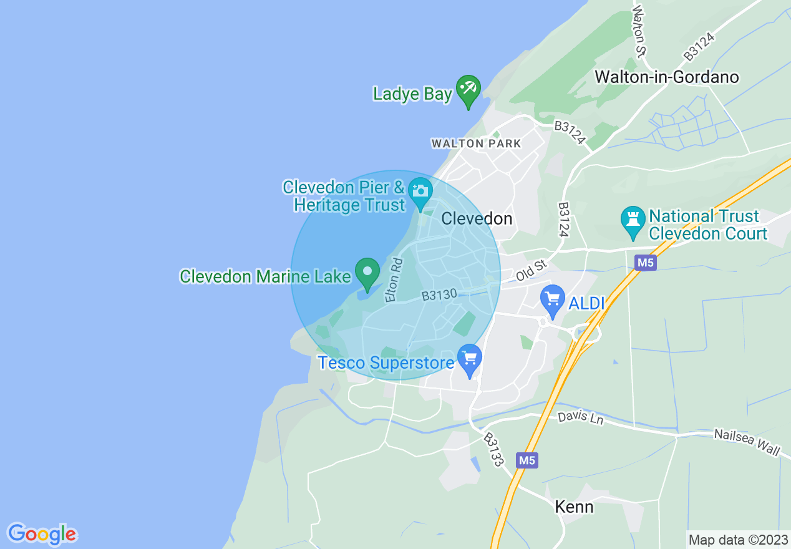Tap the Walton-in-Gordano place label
pyautogui.click(x=667, y=77)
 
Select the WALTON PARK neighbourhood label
pyautogui.click(x=476, y=143)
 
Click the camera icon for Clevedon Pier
pyautogui.click(x=420, y=190)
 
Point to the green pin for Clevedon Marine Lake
pyautogui.click(x=367, y=273)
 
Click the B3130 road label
pyautogui.click(x=439, y=294)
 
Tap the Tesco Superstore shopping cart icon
pyautogui.click(x=469, y=359)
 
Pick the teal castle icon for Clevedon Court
pyautogui.click(x=633, y=221)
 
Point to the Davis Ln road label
pyautogui.click(x=581, y=417)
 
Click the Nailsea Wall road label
pyautogui.click(x=747, y=442)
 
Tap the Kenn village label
pyautogui.click(x=574, y=507)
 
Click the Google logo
pyautogui.click(x=42, y=534)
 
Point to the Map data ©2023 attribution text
pyautogui.click(x=738, y=540)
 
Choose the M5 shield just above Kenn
pyautogui.click(x=527, y=460)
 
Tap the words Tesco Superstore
pyautogui.click(x=386, y=362)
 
